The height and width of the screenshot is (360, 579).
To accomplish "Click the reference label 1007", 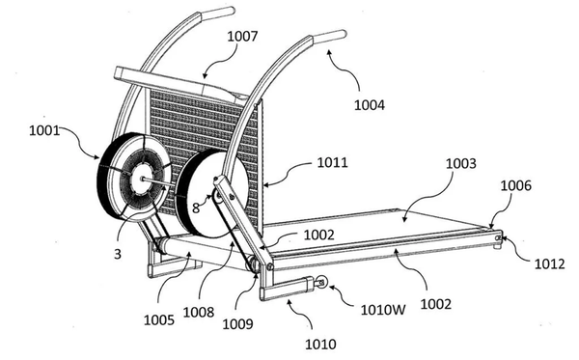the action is pyautogui.click(x=242, y=36).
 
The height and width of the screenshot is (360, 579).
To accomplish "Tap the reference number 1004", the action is pyautogui.click(x=370, y=105).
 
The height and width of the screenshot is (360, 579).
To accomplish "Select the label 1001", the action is pyautogui.click(x=44, y=130).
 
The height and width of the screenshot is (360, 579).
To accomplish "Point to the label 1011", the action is pyautogui.click(x=332, y=162).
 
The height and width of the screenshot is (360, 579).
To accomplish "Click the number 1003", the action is pyautogui.click(x=461, y=163).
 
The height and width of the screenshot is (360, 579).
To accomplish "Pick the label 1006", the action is pyautogui.click(x=516, y=185).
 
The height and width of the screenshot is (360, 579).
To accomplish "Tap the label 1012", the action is pyautogui.click(x=550, y=263).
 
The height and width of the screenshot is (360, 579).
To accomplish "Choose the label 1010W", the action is pyautogui.click(x=383, y=310).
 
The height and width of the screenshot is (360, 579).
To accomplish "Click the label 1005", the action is pyautogui.click(x=159, y=319).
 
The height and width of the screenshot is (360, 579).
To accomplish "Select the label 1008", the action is pyautogui.click(x=199, y=313).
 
